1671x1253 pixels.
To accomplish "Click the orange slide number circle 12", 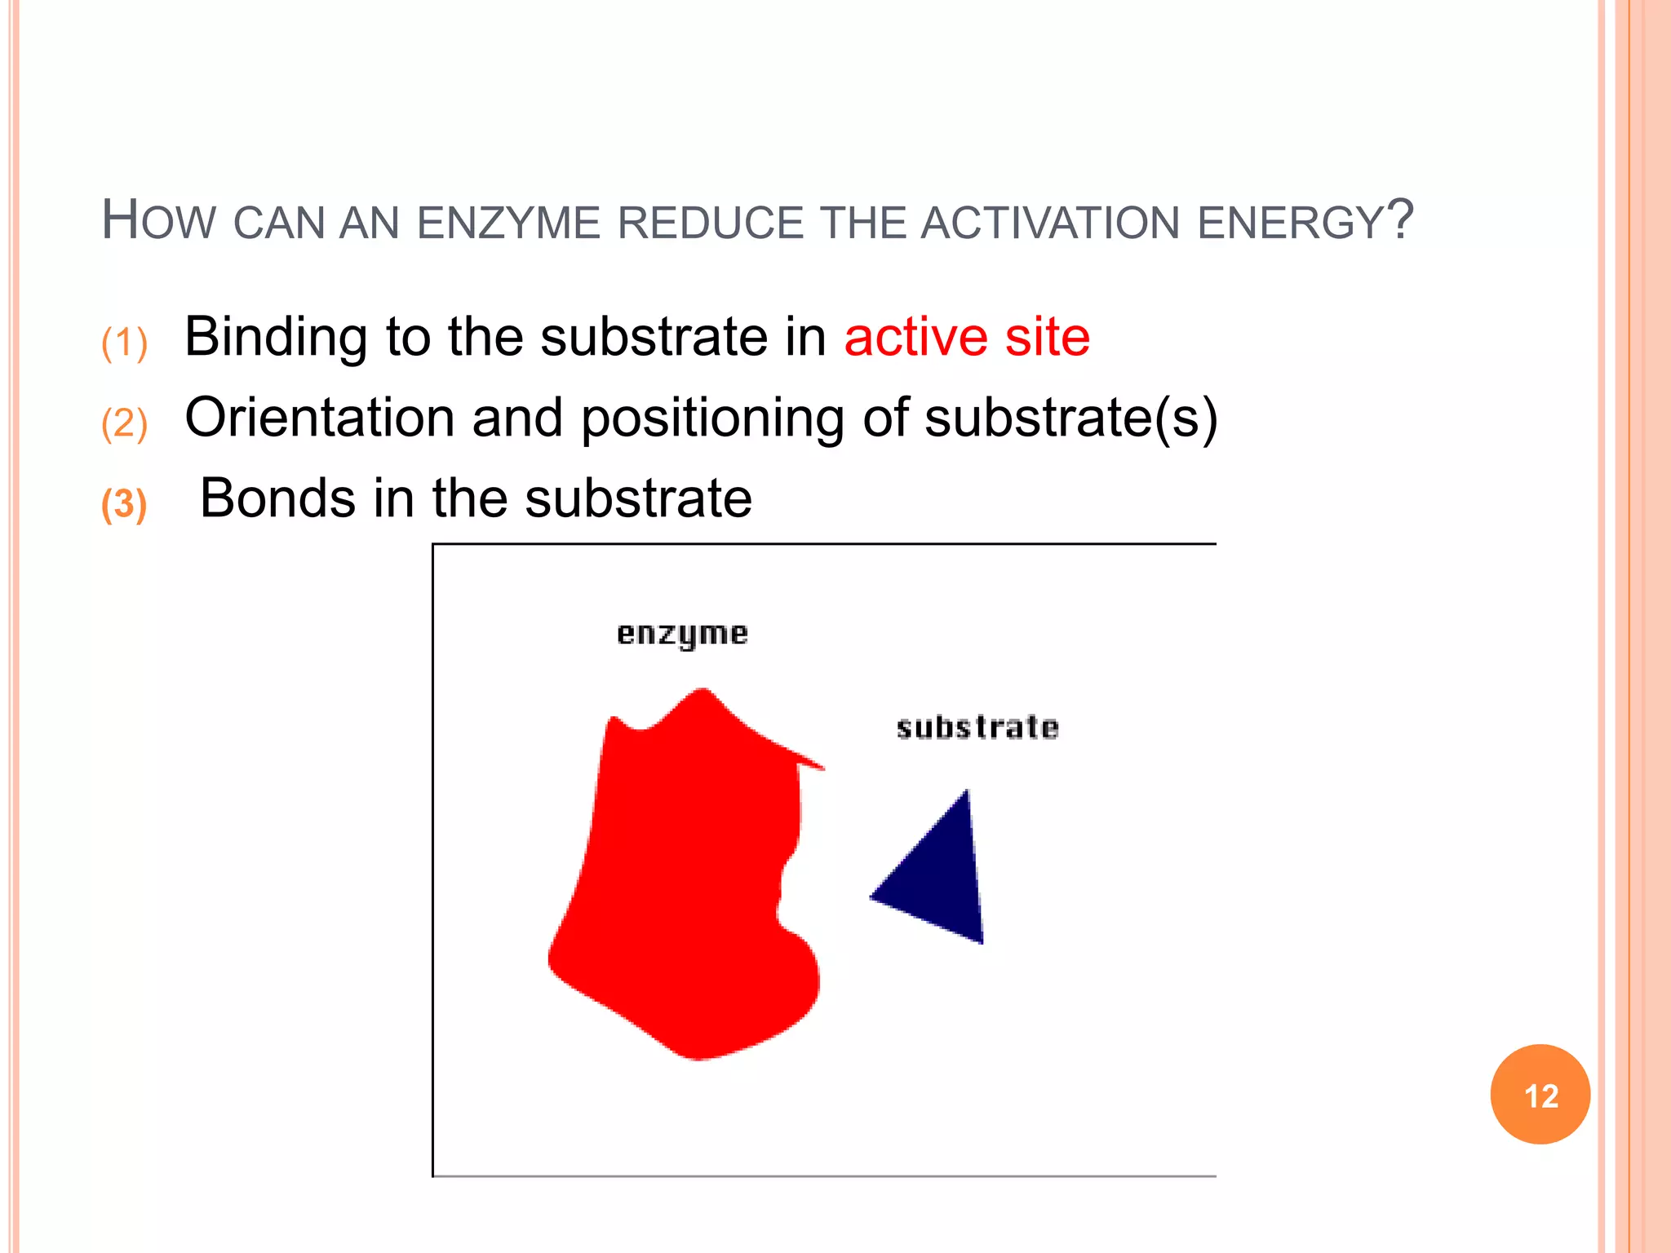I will coord(1540,1095).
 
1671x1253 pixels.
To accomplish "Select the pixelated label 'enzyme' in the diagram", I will coord(682,635).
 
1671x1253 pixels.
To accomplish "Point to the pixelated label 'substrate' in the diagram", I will coord(977,727).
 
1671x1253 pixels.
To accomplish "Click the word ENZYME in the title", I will coord(508,223).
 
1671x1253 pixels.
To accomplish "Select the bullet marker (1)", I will coord(124,342).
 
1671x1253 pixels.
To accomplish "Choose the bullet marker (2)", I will coord(124,423).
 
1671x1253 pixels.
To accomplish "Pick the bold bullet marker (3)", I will coord(124,503).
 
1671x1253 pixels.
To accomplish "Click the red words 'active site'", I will coord(967,336).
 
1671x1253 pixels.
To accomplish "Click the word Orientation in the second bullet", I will coord(319,418).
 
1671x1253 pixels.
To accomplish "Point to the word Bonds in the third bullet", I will coord(277,498).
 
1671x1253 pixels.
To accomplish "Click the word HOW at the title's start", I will coord(158,220).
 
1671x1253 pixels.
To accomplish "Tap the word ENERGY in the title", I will coord(1291,223).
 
